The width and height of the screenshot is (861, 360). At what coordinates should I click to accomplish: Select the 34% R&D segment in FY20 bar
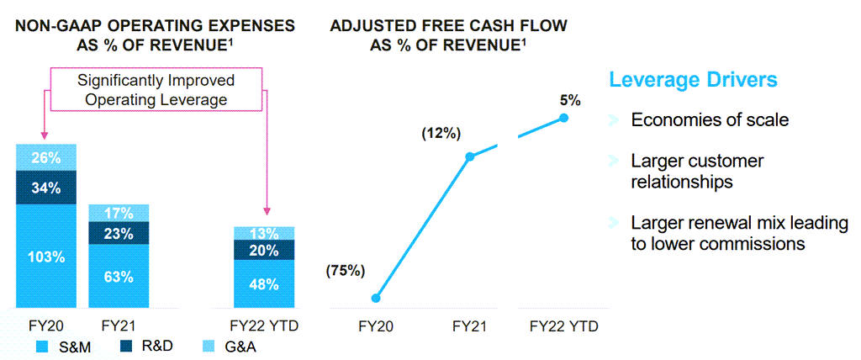(x=46, y=188)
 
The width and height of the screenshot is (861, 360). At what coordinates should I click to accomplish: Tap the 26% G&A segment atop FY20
(x=46, y=157)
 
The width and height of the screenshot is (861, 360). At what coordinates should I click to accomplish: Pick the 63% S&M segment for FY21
(x=119, y=275)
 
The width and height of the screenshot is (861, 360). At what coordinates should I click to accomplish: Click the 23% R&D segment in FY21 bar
(x=119, y=234)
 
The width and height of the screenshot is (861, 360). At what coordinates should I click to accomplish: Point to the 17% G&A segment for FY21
(x=119, y=213)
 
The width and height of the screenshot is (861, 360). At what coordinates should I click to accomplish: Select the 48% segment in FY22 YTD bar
(x=264, y=283)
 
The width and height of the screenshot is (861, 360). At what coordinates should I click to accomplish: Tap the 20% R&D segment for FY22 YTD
(x=264, y=250)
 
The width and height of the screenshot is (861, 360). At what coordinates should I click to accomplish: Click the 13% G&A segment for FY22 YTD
(x=264, y=233)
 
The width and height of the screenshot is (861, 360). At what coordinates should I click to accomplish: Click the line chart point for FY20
(x=376, y=298)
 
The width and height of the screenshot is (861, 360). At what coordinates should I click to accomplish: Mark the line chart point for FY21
(x=470, y=156)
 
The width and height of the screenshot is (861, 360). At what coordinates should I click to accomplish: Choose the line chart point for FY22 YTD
(x=563, y=118)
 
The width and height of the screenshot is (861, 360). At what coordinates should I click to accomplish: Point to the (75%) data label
(x=346, y=271)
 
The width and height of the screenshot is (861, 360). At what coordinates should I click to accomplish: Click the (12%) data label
(x=441, y=133)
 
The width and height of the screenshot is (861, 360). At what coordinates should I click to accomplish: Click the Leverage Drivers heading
(x=692, y=80)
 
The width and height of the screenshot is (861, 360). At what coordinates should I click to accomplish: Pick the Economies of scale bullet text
(x=710, y=119)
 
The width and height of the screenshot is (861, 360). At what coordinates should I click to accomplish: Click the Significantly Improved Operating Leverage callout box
(x=156, y=90)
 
